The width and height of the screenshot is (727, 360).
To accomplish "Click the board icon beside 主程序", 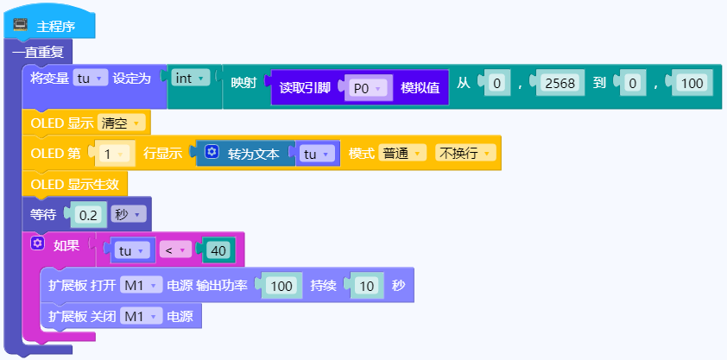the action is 21,25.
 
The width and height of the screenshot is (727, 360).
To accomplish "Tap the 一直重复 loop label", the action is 38,52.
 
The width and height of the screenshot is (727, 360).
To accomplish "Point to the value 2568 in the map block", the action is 560,84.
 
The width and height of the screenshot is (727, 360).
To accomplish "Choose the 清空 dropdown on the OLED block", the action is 121,123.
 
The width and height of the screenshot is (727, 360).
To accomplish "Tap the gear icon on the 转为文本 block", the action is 212,151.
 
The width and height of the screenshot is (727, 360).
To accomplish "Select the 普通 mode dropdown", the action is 402,154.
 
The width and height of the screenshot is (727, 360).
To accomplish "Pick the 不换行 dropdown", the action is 465,154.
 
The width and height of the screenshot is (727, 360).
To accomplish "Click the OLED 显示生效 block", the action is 74,185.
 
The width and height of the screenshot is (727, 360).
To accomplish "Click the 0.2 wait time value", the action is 88,215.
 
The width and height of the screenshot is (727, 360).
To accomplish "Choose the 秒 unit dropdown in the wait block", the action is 129,214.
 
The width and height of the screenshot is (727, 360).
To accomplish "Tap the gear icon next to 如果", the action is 37,243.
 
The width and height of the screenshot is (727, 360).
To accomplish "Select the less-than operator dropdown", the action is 175,250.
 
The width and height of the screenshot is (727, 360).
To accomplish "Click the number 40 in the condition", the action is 218,250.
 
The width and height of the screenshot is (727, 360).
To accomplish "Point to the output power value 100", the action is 281,286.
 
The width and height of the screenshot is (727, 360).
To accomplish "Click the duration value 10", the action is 366,286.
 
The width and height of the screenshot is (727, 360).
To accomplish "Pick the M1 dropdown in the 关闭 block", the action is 141,317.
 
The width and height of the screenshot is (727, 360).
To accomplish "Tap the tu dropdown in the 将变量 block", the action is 91,79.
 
